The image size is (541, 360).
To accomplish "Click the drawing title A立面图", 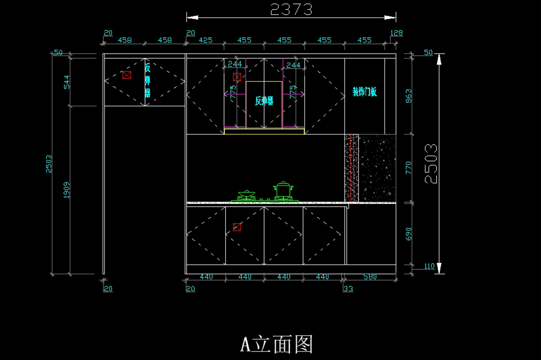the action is coord(276,344).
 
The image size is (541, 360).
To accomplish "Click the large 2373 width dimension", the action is coord(291,9).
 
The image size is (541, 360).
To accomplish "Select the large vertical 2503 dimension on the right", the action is coord(431,163).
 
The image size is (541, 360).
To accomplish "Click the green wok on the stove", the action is coord(246,195).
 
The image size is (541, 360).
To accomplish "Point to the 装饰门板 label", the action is coord(364,92).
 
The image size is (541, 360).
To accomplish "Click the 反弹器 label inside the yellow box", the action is coord(264,101).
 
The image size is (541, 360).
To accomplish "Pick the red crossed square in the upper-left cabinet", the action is coord(127,75).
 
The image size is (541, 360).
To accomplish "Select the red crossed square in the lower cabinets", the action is coord(237,227).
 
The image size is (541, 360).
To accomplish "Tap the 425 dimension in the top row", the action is coord(205,40).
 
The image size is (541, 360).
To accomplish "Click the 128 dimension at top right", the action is coord(396,33).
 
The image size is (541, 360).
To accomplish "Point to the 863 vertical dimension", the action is coord(408,96).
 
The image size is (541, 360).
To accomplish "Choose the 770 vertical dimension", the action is coord(408,168).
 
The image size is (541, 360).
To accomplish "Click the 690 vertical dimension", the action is coord(408,234).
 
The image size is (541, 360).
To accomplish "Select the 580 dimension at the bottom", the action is coord(370,277).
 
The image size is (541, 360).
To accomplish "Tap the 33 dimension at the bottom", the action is coord(348,289).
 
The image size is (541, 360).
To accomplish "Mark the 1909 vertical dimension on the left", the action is coord(66,190).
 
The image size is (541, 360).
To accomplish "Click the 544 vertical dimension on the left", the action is coord(66,82).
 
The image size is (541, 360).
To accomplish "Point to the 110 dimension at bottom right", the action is coord(430,266).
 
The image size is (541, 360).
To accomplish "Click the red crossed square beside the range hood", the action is coord(237,77).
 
